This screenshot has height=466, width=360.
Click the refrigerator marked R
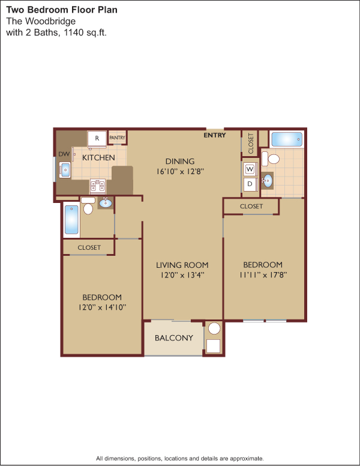click(97, 139)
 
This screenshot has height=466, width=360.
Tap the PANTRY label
click(118, 138)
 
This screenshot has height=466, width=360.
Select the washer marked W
click(250, 169)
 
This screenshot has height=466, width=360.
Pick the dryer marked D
click(250, 184)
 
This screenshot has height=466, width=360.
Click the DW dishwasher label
click(64, 154)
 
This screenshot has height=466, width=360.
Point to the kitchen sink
click(65, 170)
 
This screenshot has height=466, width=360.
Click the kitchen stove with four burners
click(98, 186)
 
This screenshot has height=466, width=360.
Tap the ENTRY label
click(215, 135)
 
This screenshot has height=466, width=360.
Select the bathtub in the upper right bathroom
click(287, 139)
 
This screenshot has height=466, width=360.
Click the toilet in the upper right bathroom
click(271, 159)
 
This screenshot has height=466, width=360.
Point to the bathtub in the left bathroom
click(71, 220)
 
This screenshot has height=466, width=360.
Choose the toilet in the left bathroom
click(88, 205)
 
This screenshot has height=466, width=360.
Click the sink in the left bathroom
click(106, 203)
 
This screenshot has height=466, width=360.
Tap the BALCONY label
click(174, 338)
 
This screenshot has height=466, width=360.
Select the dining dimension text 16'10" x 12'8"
click(180, 172)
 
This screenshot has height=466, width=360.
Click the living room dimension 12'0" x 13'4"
click(182, 275)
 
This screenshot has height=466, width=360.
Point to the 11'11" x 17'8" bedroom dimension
click(263, 274)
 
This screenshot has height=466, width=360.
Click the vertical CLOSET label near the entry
click(251, 144)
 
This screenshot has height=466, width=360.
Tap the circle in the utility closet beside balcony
click(214, 328)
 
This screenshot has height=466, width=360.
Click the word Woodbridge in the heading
click(50, 21)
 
